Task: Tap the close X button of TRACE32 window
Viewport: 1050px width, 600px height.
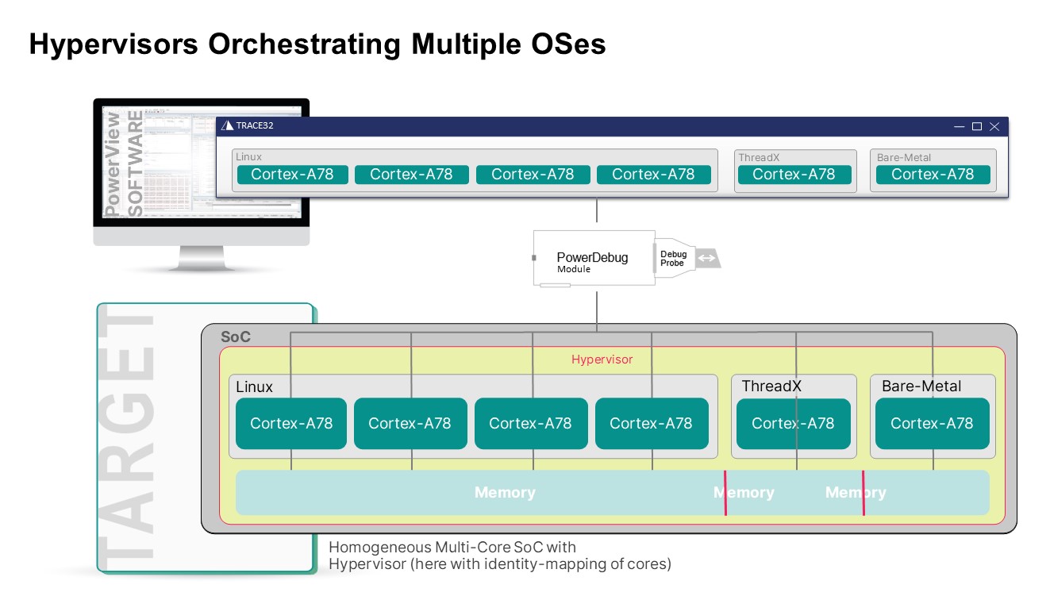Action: click(994, 126)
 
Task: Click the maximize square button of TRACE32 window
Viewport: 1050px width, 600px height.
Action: click(977, 126)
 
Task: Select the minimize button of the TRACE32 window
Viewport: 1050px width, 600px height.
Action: click(960, 126)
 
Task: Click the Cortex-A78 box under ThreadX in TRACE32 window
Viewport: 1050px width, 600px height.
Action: click(794, 175)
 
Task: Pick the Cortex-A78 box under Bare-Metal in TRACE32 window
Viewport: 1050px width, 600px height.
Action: click(932, 175)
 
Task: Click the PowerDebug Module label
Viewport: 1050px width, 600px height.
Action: click(592, 261)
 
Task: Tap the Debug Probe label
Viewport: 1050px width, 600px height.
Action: click(673, 259)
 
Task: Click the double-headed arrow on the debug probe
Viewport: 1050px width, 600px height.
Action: click(706, 259)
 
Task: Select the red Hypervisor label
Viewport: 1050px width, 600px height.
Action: click(602, 360)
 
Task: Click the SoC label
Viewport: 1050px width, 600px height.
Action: click(236, 337)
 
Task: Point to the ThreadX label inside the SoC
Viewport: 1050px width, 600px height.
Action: click(771, 387)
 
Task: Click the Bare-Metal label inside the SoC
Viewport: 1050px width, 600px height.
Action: click(921, 387)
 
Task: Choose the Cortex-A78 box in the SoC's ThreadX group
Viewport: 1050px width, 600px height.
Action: click(793, 424)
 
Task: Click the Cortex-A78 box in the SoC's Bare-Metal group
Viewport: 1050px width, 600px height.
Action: click(932, 424)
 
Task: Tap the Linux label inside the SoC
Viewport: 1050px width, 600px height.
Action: click(254, 387)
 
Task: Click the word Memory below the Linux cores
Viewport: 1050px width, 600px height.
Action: click(505, 493)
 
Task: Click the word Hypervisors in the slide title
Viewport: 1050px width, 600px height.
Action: click(113, 44)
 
